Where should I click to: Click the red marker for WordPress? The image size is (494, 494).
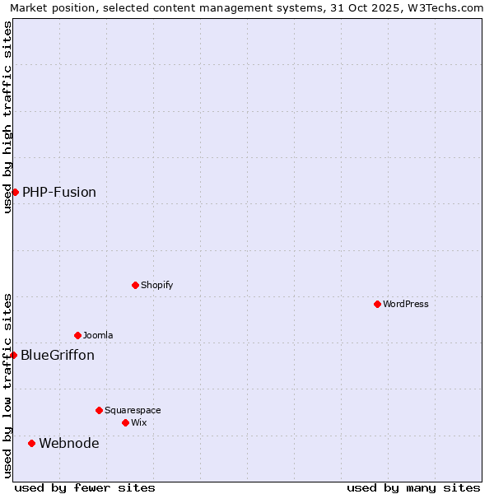(377, 304)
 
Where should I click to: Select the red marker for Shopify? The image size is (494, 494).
(135, 285)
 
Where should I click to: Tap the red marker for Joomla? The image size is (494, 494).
(77, 335)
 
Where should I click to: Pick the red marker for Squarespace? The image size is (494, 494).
(99, 410)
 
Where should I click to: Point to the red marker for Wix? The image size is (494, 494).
(125, 422)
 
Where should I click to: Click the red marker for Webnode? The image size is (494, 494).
(31, 443)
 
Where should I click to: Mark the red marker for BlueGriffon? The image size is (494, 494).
(13, 355)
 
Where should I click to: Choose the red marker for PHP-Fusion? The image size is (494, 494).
(15, 192)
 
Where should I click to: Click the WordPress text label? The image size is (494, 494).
(405, 304)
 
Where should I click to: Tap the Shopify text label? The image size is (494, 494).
(156, 285)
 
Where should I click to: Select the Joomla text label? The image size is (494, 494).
(98, 335)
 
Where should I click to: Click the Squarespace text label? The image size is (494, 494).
(133, 410)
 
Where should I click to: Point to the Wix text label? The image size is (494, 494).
(139, 422)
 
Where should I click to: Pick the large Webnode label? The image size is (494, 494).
(69, 443)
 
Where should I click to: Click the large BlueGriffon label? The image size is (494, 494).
(58, 355)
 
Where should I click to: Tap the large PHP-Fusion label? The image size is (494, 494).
(59, 192)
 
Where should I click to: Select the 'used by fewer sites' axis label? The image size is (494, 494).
(85, 487)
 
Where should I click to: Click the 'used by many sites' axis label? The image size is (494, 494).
(413, 487)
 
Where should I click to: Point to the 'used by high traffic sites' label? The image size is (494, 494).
(7, 117)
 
